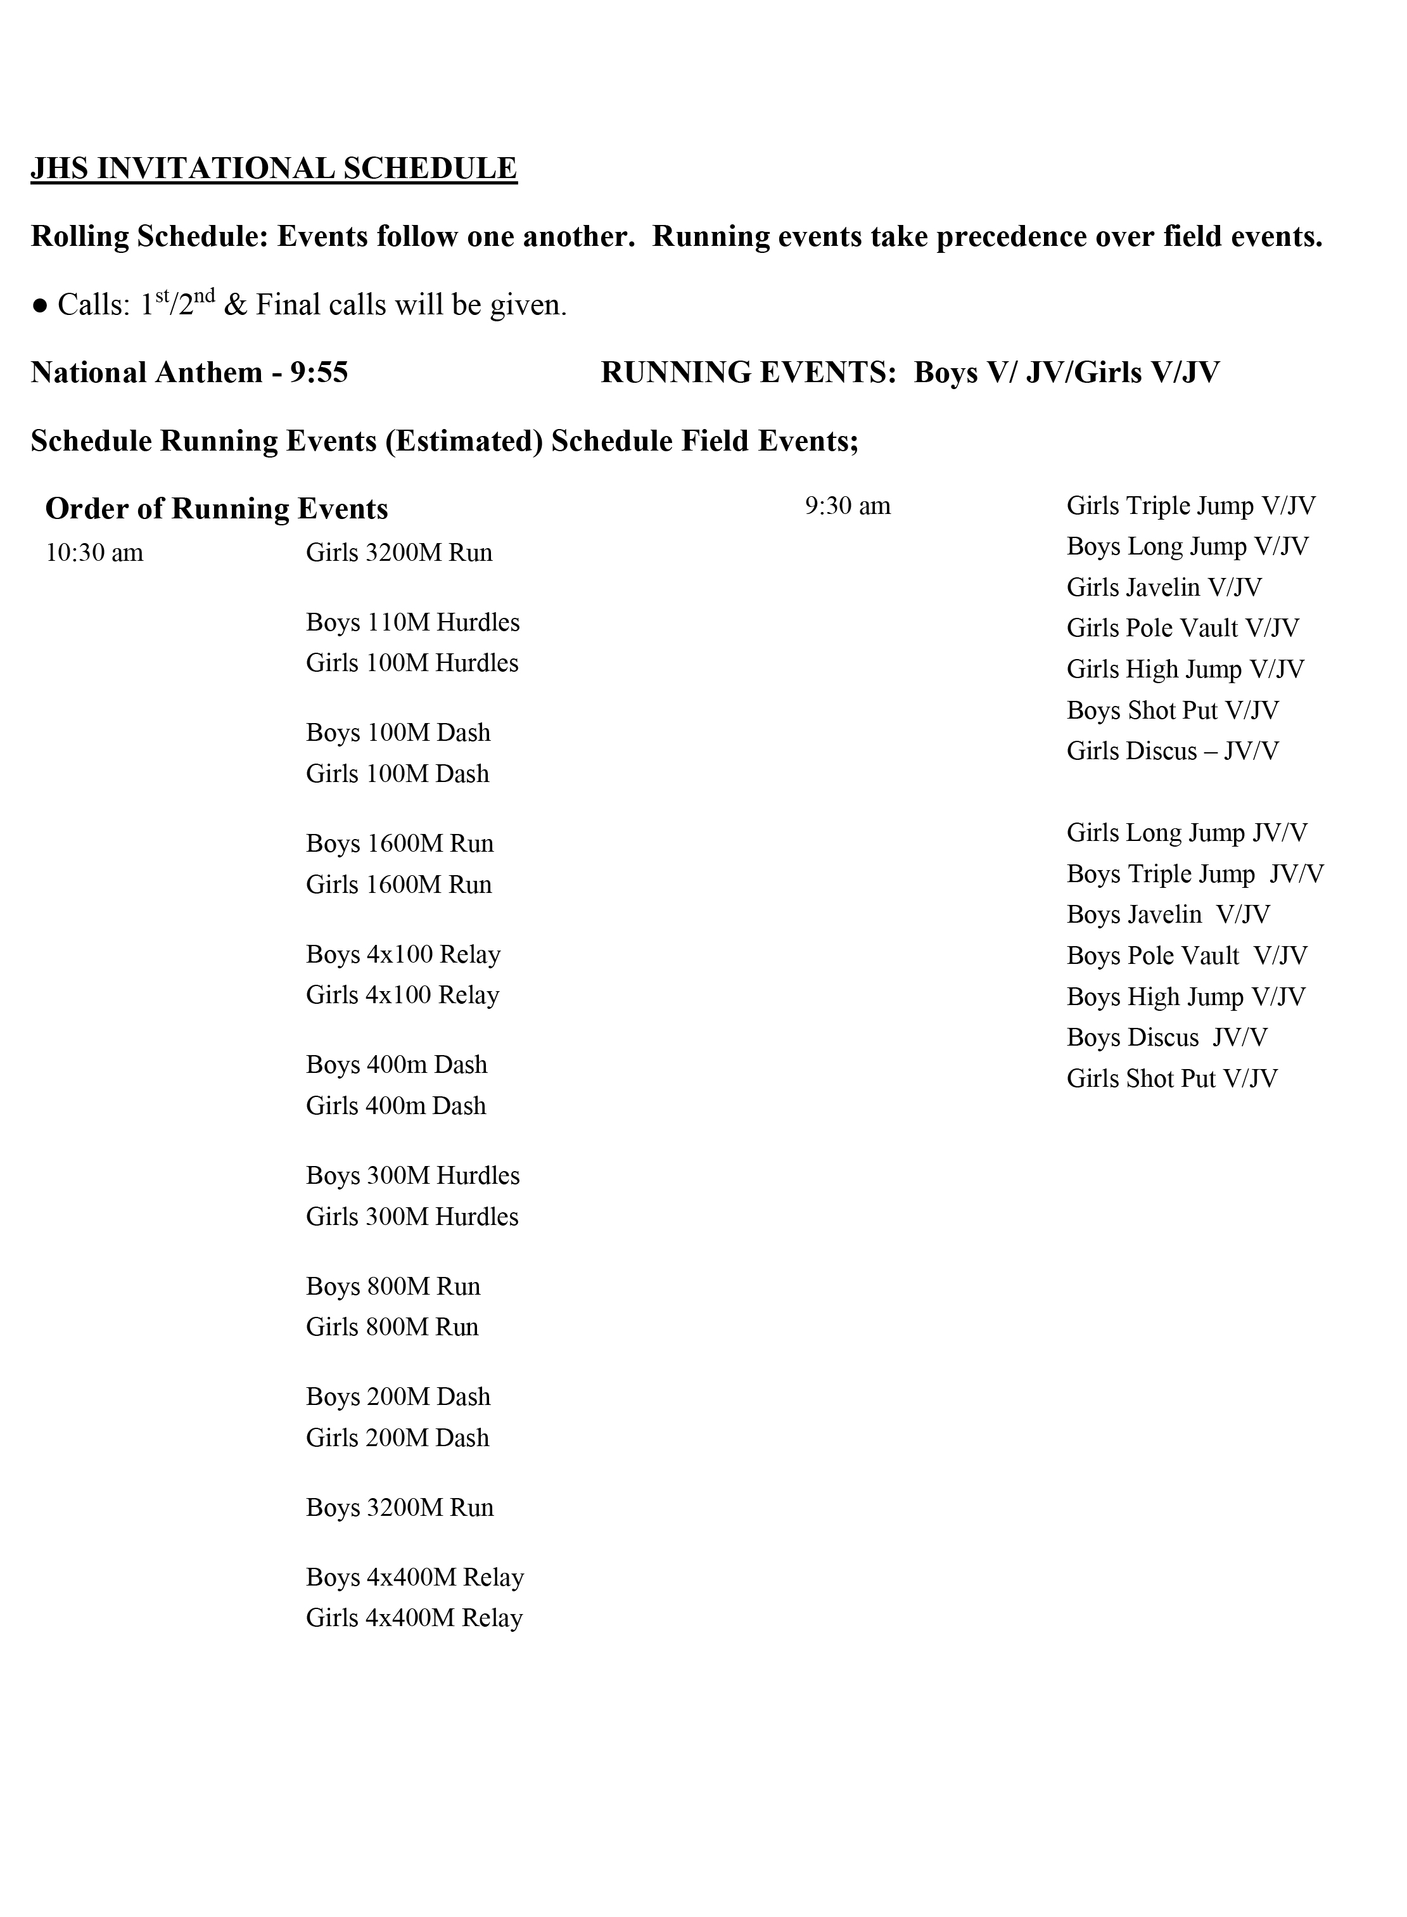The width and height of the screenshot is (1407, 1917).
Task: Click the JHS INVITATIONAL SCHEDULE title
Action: click(x=274, y=169)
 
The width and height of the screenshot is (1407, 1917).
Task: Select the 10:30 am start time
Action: click(x=94, y=553)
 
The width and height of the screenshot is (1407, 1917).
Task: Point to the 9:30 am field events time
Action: click(x=848, y=506)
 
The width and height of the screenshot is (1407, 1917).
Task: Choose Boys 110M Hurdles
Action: click(x=412, y=623)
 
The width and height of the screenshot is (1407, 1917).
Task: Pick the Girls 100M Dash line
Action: click(x=397, y=774)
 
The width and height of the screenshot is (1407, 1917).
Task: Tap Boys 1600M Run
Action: click(x=400, y=843)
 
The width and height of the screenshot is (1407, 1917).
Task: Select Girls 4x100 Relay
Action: click(x=402, y=995)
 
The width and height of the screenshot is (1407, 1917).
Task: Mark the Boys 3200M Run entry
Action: click(x=400, y=1508)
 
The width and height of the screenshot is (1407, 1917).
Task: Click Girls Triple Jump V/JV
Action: click(x=1191, y=506)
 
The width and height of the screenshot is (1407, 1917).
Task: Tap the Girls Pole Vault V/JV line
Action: click(x=1182, y=629)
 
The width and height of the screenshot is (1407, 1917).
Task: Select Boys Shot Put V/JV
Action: click(x=1172, y=710)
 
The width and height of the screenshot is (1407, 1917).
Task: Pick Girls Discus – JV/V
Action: click(x=1172, y=752)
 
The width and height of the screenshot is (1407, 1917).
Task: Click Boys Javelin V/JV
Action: click(x=1168, y=915)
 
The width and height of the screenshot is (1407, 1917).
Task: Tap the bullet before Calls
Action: click(x=39, y=307)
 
